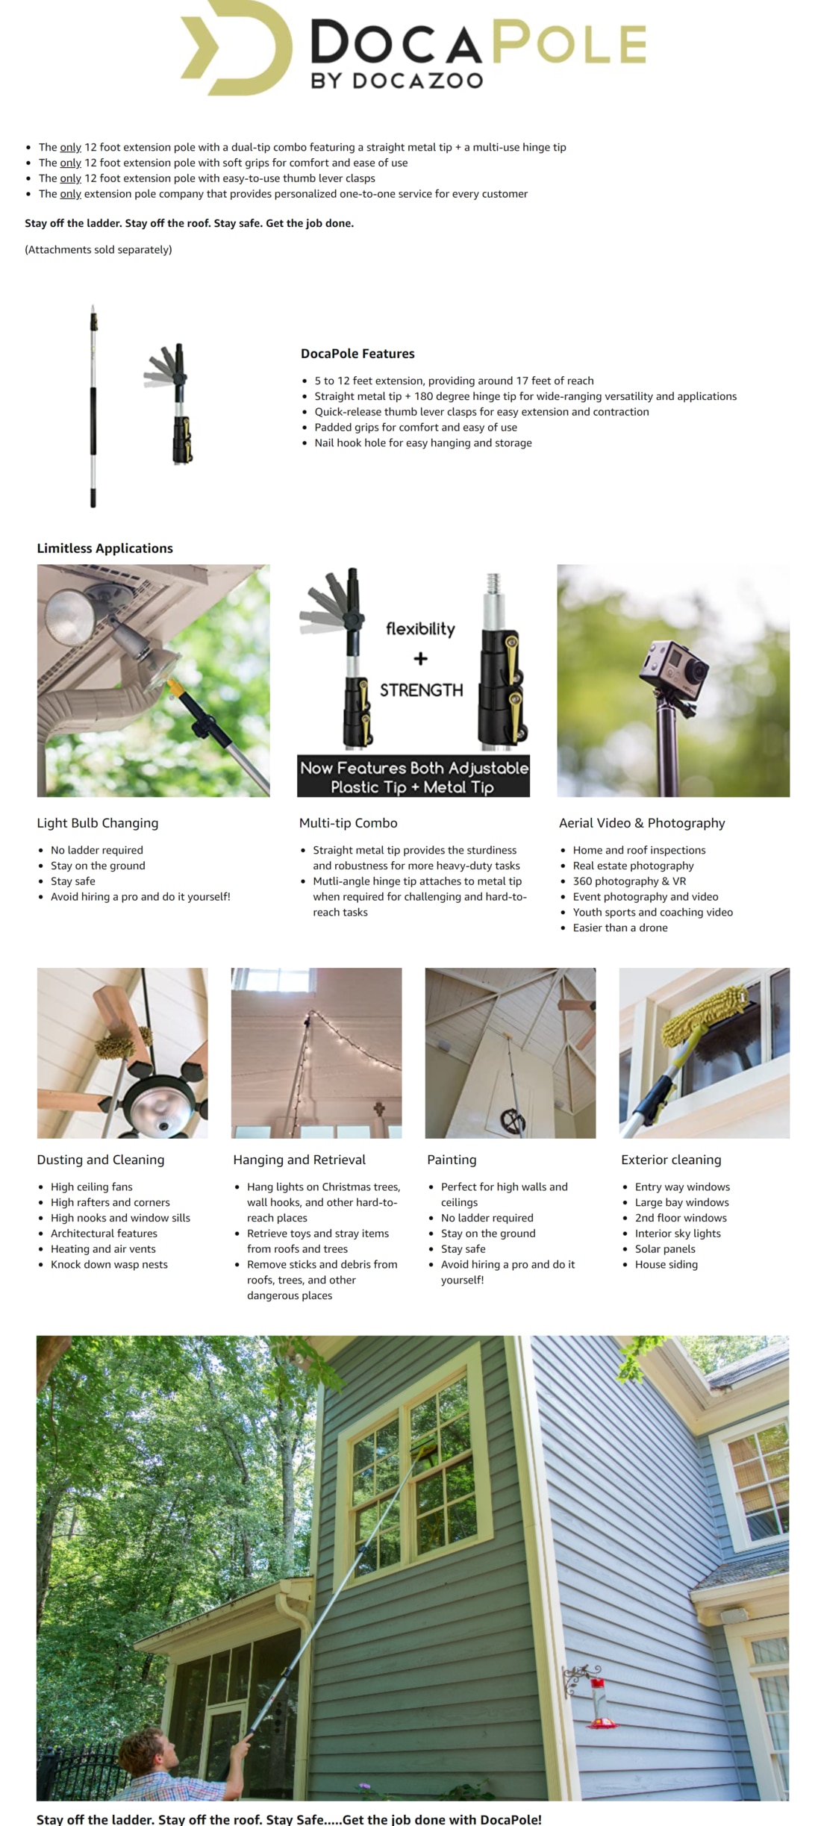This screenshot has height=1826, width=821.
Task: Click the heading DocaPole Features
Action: [x=358, y=354]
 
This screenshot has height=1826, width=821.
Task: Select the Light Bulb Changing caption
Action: [x=98, y=823]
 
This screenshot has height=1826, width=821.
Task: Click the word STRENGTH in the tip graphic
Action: [x=421, y=690]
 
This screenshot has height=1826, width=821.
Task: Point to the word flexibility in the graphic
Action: [x=420, y=629]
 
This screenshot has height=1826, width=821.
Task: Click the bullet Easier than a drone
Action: [x=619, y=928]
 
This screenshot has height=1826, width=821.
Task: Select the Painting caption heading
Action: [x=452, y=1160]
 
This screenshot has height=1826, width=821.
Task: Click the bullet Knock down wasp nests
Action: [x=109, y=1264]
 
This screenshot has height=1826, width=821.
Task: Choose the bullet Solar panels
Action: [x=664, y=1248]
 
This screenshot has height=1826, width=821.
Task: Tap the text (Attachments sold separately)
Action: [x=99, y=249]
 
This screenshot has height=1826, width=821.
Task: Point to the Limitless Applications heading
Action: [x=104, y=548]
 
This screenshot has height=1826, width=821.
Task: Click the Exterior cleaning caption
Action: [x=671, y=1160]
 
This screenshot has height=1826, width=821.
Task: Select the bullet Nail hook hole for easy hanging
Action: [x=422, y=443]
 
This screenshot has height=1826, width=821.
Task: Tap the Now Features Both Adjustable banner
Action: [x=413, y=777]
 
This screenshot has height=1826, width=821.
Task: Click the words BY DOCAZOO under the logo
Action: [x=397, y=81]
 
